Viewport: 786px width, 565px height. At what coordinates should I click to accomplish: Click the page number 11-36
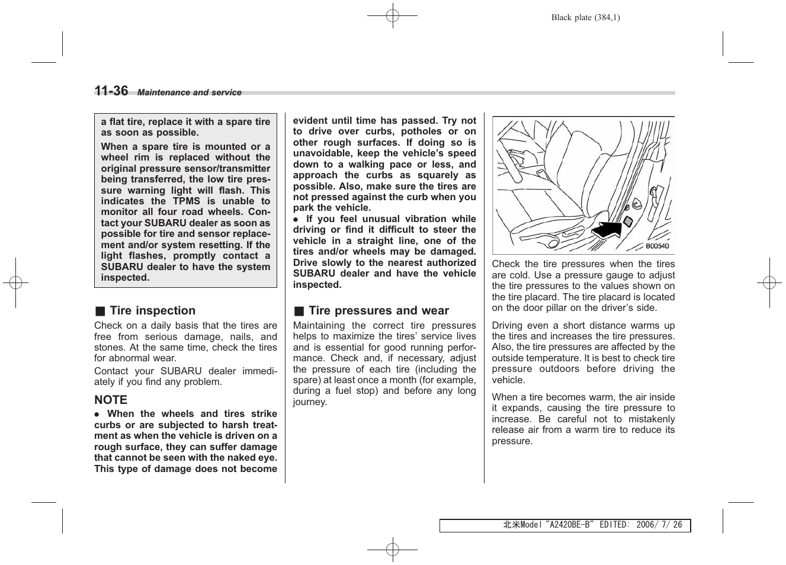[111, 91]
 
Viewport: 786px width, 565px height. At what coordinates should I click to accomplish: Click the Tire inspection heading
[152, 311]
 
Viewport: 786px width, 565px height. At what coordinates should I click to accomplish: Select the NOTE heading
[111, 400]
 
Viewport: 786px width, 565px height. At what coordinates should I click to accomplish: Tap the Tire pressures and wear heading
[378, 311]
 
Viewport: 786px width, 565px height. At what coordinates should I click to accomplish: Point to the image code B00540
[657, 246]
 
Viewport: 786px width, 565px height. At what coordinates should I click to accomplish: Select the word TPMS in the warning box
[186, 201]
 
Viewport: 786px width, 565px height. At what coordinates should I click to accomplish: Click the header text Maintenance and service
[190, 92]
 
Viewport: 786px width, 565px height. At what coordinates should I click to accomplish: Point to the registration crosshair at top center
[392, 16]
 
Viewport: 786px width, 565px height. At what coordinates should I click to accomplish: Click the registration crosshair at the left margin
[16, 282]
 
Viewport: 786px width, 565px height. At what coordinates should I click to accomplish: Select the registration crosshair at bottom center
[392, 550]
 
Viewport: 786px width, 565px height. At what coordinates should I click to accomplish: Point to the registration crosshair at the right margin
[769, 282]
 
